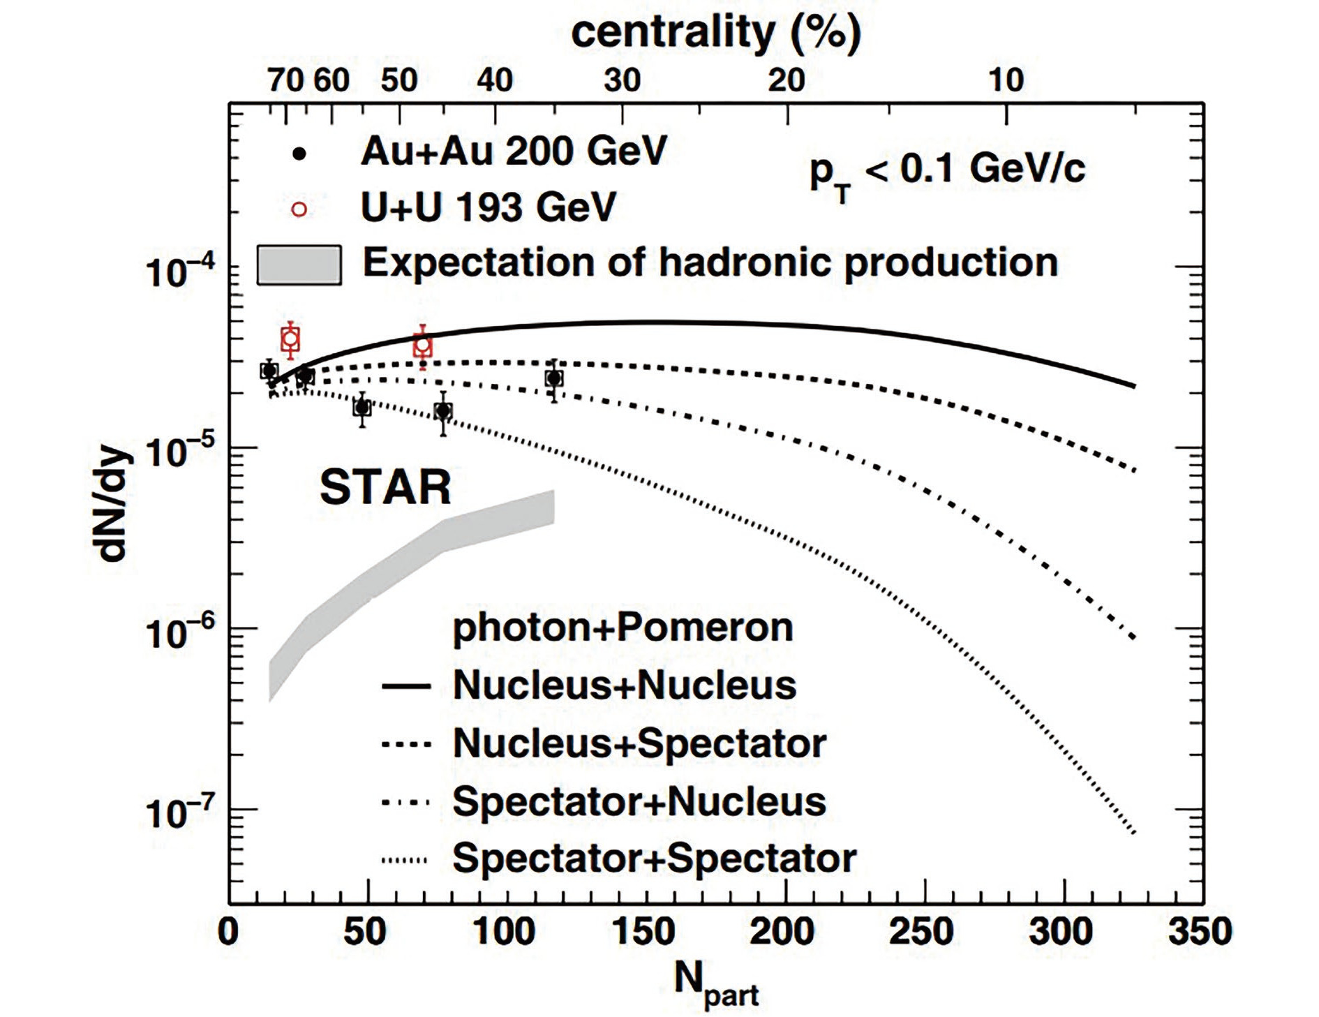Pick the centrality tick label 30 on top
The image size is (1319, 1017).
click(x=622, y=81)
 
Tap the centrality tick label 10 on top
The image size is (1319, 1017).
click(x=1006, y=81)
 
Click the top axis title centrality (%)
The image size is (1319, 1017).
click(x=716, y=32)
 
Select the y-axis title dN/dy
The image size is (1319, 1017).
click(x=112, y=504)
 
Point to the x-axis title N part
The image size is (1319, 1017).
click(x=716, y=983)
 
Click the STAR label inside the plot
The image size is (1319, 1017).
click(x=385, y=487)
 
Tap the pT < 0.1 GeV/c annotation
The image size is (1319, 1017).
click(x=946, y=172)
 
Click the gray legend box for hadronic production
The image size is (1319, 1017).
click(x=299, y=265)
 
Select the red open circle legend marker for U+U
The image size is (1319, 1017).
click(x=299, y=209)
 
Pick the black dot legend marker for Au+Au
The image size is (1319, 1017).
click(x=299, y=154)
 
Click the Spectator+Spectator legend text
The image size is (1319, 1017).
click(x=654, y=858)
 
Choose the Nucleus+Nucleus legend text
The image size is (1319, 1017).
click(x=624, y=685)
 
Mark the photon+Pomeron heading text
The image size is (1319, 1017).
click(x=623, y=627)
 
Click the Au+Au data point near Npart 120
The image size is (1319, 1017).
click(x=554, y=378)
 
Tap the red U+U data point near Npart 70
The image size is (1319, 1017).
click(x=422, y=345)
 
